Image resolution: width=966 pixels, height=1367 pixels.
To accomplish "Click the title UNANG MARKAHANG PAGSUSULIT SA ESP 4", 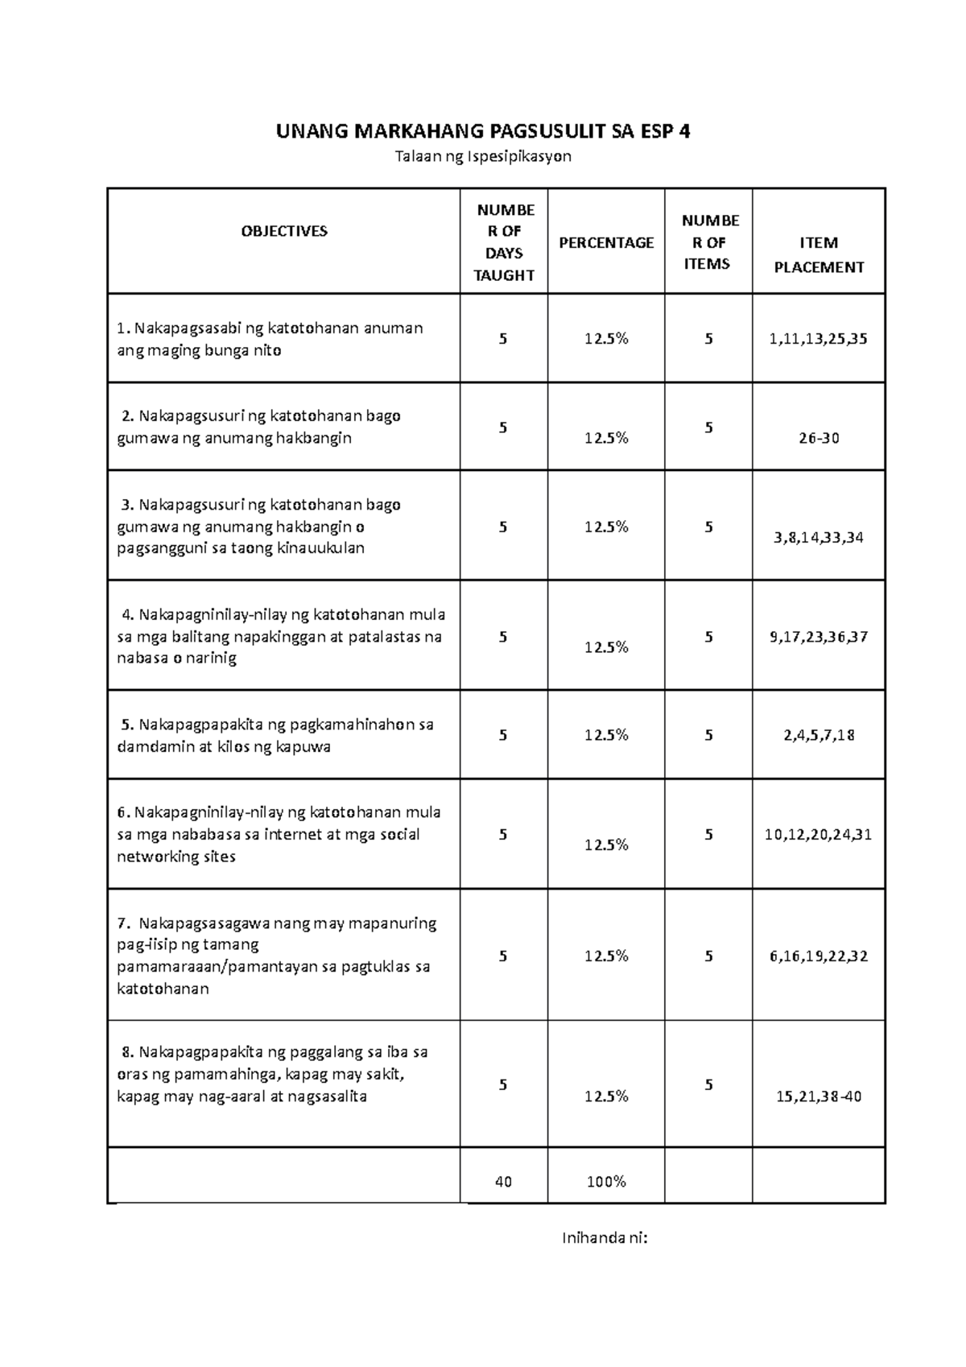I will coord(483,131).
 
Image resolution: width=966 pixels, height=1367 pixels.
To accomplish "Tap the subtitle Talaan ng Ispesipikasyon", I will coord(483,156).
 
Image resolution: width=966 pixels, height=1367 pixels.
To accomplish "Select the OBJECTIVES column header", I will coord(284,231).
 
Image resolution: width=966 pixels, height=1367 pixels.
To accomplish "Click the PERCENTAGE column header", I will coord(606,242).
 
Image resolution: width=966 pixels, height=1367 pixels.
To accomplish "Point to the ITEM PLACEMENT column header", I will coord(819,254).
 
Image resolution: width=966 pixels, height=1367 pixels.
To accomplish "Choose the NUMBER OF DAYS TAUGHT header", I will coord(504,242).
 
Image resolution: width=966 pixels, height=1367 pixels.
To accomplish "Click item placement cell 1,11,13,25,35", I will coord(819,339).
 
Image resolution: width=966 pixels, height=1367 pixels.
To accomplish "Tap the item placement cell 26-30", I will coord(819,439).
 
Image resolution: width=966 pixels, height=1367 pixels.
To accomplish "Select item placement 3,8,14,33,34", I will coord(819,538).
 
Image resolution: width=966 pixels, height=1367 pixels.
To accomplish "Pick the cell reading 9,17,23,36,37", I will coord(819,637).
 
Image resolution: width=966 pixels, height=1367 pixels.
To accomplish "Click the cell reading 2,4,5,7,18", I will coord(819,735).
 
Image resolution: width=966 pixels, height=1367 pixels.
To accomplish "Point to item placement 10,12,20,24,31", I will coord(819,835).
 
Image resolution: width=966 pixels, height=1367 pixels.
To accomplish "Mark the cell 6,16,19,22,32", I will coord(819,956).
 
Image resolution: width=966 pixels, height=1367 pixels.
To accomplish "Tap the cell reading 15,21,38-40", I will coord(819,1096).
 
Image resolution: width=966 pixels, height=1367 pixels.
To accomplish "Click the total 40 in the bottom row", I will coord(504,1182).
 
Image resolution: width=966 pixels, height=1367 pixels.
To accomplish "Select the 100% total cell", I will coord(606,1182).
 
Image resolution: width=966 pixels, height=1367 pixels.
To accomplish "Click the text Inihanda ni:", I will coord(605,1238).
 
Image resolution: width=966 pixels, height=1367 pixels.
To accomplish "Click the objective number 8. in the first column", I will coord(127,1052).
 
